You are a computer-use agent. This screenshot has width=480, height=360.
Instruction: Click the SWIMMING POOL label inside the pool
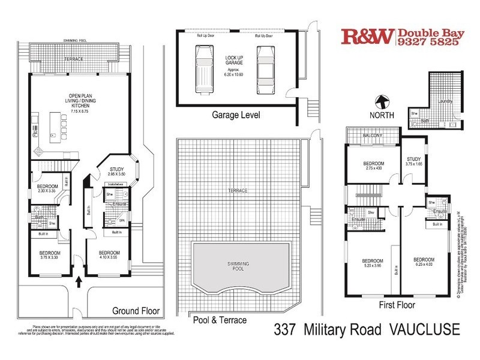(239, 264)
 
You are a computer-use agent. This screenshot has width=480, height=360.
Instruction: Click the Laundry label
(445, 101)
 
